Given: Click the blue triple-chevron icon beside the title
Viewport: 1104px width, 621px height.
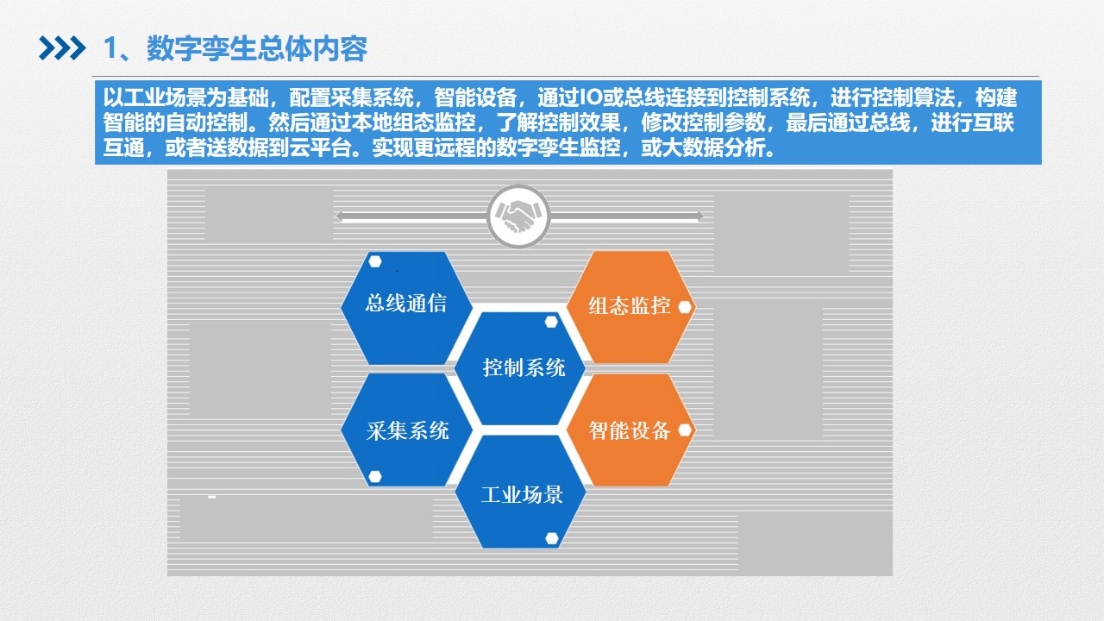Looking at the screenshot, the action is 62,48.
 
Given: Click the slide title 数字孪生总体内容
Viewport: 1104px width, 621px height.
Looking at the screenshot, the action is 257,49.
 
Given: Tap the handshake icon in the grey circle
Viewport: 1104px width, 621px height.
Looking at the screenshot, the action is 518,216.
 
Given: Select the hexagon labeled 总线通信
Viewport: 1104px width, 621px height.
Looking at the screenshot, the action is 406,308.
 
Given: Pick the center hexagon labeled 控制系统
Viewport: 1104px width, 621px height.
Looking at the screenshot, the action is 520,368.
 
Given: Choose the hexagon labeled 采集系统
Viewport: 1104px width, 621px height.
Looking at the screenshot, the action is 406,430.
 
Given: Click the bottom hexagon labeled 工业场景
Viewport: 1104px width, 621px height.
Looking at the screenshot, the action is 520,492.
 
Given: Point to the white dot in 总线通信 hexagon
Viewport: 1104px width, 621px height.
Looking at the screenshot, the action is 375,261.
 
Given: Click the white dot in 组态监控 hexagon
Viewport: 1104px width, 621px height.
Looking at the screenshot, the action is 685,307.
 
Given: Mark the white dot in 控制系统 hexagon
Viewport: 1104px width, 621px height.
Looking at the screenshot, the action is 551,322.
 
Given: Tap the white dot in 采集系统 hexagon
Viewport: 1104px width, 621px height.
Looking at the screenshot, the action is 375,476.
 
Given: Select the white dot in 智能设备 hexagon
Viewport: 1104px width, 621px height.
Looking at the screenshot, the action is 685,430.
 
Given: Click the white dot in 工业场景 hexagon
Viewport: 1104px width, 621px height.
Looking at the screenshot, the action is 552,538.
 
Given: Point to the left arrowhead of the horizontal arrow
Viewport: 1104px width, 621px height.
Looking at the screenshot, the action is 340,216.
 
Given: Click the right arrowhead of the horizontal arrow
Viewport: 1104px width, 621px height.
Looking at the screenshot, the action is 699,216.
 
